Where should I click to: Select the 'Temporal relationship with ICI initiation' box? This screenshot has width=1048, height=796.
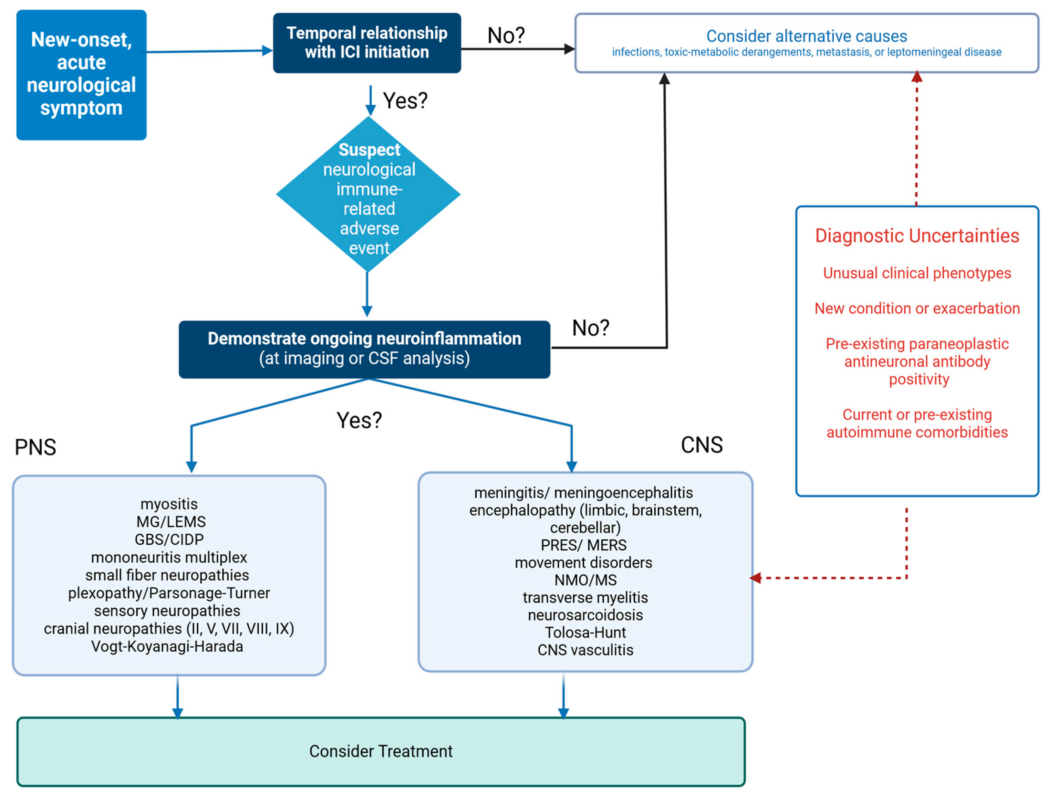367,43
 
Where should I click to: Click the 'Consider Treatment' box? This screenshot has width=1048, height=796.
381,751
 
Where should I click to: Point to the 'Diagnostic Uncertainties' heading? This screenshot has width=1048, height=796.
917,235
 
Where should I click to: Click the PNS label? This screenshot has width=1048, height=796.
35,447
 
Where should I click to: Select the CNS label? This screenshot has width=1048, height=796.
702,445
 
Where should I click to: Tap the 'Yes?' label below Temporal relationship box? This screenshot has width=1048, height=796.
405,101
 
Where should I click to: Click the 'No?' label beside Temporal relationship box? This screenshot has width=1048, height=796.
506,35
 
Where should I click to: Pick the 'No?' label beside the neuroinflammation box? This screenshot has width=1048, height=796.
591,327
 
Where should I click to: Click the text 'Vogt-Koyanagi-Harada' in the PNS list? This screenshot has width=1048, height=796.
167,646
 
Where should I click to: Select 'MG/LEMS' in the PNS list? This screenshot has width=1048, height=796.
170,522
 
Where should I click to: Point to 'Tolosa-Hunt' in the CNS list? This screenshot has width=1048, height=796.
585,632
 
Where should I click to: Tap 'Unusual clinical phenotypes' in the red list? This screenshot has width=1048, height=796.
917,273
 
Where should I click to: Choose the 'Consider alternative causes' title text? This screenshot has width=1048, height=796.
806,36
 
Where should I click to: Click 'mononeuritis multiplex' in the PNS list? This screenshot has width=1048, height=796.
169,557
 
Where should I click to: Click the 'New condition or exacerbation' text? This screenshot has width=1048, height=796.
917,308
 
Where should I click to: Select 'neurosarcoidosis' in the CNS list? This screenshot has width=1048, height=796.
585,615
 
